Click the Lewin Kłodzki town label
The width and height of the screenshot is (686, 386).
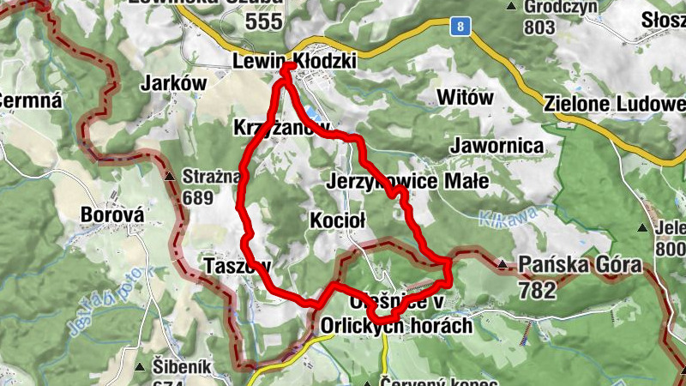pyautogui.click(x=294, y=62)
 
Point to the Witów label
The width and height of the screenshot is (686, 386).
pyautogui.click(x=465, y=98)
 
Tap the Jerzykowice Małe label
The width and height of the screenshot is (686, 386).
pyautogui.click(x=408, y=182)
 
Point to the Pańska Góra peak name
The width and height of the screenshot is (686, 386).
pyautogui.click(x=580, y=266)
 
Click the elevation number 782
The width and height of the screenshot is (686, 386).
pyautogui.click(x=537, y=291)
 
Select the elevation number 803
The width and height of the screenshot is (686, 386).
pyautogui.click(x=539, y=27)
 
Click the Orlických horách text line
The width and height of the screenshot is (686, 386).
pyautogui.click(x=396, y=326)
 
